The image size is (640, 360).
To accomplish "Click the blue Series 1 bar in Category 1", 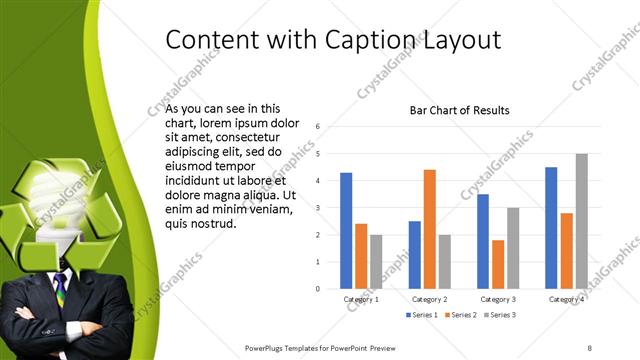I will tap(346, 230).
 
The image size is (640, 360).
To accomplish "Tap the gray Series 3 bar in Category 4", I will tap(582, 220).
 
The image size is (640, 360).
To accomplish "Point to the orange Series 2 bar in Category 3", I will tap(498, 263).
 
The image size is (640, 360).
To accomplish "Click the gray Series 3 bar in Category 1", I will tap(376, 261).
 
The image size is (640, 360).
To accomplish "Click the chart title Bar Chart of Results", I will tap(460, 110).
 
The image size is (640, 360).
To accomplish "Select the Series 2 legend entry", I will tap(461, 315).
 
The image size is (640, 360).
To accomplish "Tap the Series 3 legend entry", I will tap(499, 315).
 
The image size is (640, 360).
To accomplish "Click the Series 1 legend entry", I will tap(423, 315).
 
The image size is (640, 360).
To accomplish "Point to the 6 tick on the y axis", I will tap(317, 127).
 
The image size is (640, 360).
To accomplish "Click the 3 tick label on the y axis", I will tap(317, 208).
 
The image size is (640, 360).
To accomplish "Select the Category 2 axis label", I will tap(429, 299).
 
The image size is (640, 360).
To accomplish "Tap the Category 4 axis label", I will tap(566, 299).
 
